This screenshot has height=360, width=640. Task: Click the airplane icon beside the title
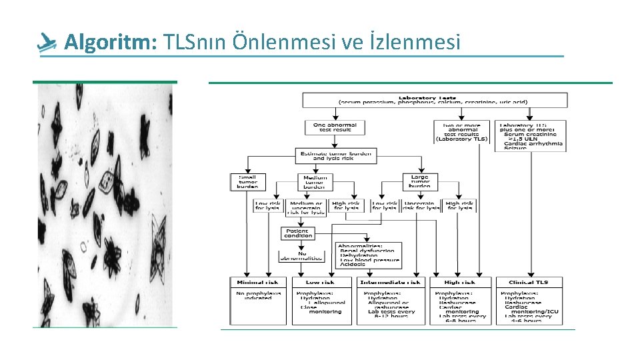[47, 43]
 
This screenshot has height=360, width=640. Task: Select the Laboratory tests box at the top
[435, 99]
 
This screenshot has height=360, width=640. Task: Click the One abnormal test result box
[335, 127]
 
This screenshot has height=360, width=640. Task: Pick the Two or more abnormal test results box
[461, 131]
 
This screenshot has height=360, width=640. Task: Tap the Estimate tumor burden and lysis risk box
[336, 156]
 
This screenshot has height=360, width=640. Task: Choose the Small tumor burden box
[247, 181]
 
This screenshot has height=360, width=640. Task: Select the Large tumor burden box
[420, 181]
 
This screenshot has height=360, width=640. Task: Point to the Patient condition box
[297, 233]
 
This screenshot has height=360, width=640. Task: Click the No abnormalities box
[301, 255]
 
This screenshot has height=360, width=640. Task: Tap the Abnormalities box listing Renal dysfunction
[369, 255]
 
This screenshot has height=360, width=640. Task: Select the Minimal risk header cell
[259, 282]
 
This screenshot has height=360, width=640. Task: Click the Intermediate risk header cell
[391, 282]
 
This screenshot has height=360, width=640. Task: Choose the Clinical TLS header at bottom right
[530, 282]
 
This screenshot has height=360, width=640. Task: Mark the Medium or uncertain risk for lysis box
[306, 207]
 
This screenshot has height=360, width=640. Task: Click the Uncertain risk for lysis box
[423, 205]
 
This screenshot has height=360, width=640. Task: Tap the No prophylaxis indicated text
[259, 295]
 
